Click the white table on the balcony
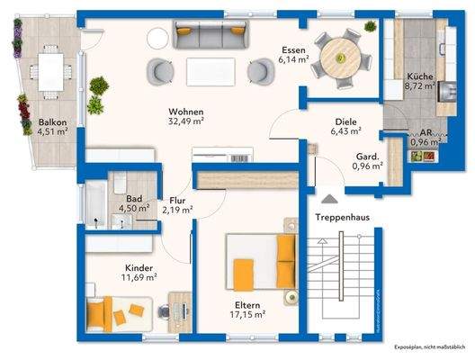tap(51, 68)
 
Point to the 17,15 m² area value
tap(246, 314)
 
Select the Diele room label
tap(345, 118)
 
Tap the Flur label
tap(177, 201)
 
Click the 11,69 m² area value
tap(139, 279)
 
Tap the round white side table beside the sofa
tap(158, 37)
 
